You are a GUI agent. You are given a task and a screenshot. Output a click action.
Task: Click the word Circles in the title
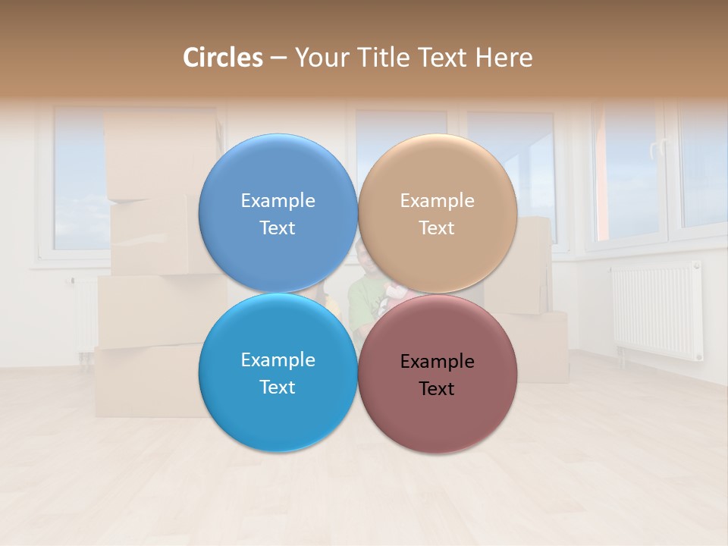(x=223, y=58)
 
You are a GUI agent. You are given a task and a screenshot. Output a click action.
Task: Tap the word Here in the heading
(x=504, y=58)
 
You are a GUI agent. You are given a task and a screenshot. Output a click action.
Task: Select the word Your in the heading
(x=319, y=58)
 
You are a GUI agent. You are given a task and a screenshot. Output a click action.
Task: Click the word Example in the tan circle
(x=437, y=201)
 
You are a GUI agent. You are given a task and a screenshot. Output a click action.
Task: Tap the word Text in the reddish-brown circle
(x=437, y=389)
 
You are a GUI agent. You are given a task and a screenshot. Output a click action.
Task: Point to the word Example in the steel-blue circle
(x=278, y=201)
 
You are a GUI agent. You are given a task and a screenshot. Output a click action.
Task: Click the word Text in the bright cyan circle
(x=278, y=387)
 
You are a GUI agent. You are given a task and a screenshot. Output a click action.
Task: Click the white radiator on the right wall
(x=656, y=311)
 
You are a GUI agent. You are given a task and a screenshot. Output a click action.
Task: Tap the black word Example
(x=437, y=362)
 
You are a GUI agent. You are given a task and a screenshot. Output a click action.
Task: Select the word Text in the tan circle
(x=437, y=228)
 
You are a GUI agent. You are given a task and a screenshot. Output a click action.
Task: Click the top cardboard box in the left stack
(x=159, y=155)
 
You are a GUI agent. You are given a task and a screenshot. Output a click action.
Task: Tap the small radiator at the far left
(x=84, y=315)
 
